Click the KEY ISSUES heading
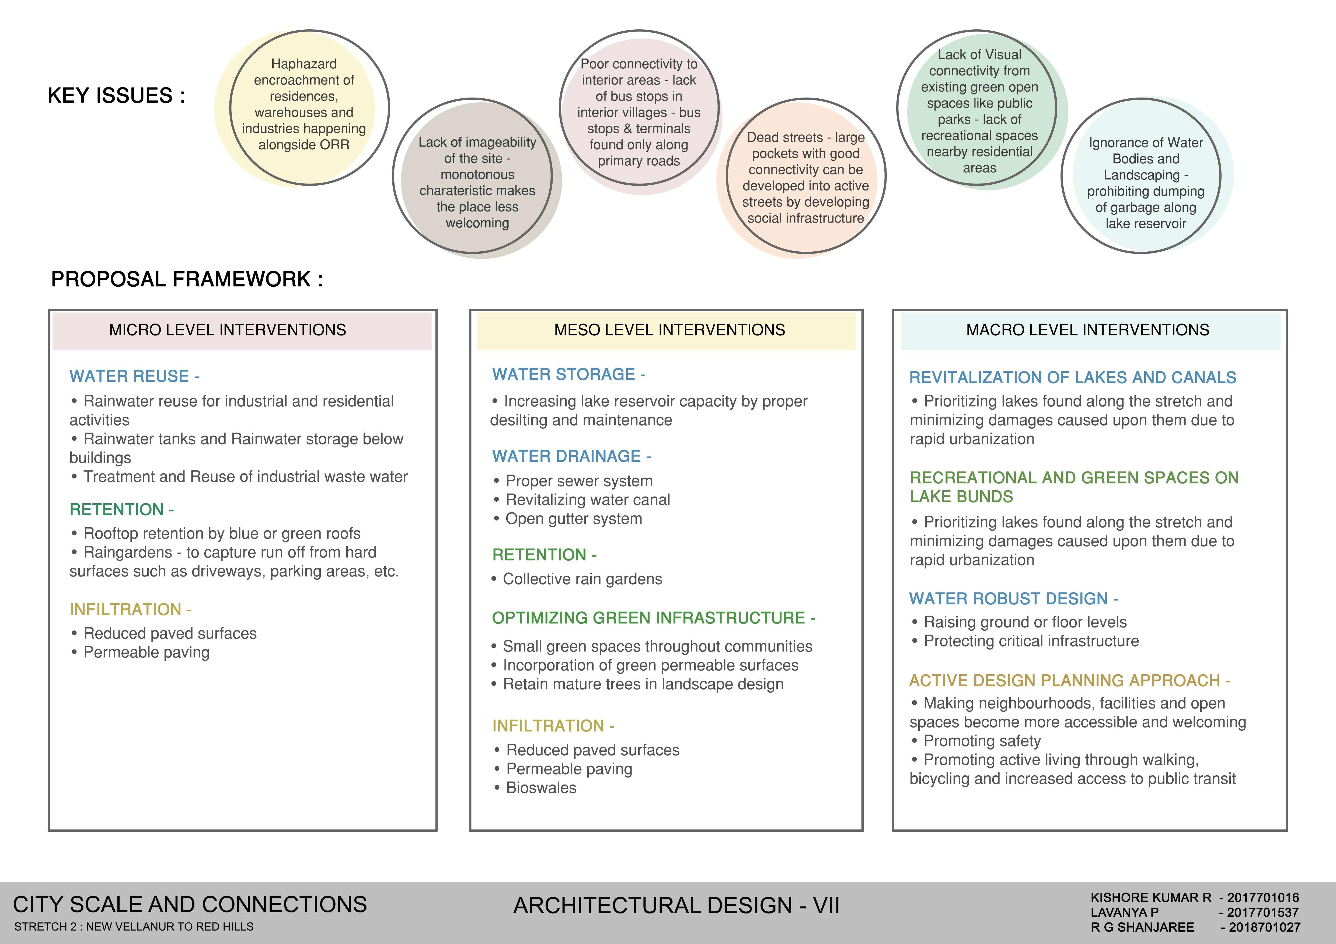pos(116,95)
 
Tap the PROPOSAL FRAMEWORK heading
pos(187,279)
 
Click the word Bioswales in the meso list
pos(541,788)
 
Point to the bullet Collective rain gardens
pos(582,579)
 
